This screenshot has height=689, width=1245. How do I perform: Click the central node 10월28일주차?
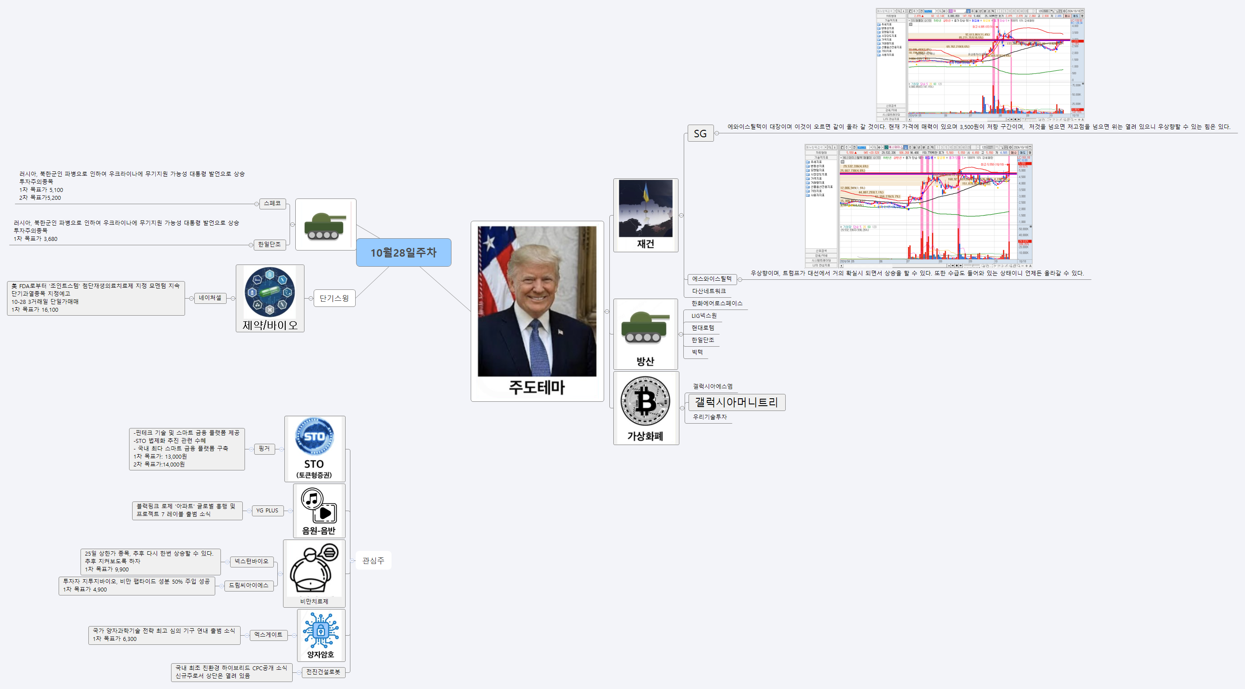tap(404, 252)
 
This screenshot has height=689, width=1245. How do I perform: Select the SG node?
tap(700, 133)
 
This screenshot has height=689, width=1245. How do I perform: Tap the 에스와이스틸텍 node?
tap(711, 279)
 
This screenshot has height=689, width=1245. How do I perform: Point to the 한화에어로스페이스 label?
tap(716, 303)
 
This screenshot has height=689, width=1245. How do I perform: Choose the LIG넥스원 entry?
tap(704, 316)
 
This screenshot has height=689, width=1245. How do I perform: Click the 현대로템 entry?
tap(703, 327)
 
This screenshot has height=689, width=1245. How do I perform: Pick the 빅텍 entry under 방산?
tap(697, 352)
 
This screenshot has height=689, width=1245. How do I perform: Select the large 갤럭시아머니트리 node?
tap(736, 402)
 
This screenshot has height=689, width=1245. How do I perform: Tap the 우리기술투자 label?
tap(710, 417)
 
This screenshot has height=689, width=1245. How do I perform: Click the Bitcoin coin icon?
tap(645, 400)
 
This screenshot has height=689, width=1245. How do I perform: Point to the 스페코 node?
tap(272, 203)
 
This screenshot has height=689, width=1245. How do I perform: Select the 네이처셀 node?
tap(210, 298)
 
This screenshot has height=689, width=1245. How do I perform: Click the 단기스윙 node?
tap(334, 298)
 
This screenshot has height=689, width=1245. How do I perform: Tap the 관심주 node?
tap(373, 560)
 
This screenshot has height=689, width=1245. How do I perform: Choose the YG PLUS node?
tap(267, 510)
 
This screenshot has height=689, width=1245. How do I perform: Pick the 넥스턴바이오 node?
tap(252, 561)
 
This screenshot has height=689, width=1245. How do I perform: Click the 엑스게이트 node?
tap(268, 635)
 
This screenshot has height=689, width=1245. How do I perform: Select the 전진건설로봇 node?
tap(323, 672)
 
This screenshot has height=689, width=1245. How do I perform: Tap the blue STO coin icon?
tap(314, 436)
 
